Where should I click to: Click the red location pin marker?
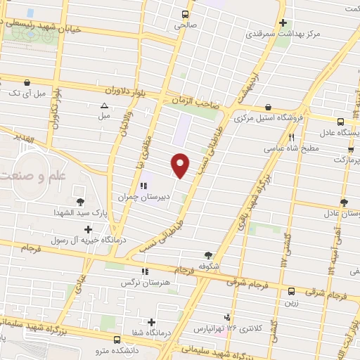[181, 165]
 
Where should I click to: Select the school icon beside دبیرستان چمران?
[143, 186]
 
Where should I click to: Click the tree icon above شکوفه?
[208, 255]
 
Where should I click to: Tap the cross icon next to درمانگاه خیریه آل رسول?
[88, 229]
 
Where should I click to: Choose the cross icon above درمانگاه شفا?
[151, 322]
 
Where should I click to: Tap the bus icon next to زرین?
[291, 290]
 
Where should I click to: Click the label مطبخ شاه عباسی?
[292, 149]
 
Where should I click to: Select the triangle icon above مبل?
[104, 105]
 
